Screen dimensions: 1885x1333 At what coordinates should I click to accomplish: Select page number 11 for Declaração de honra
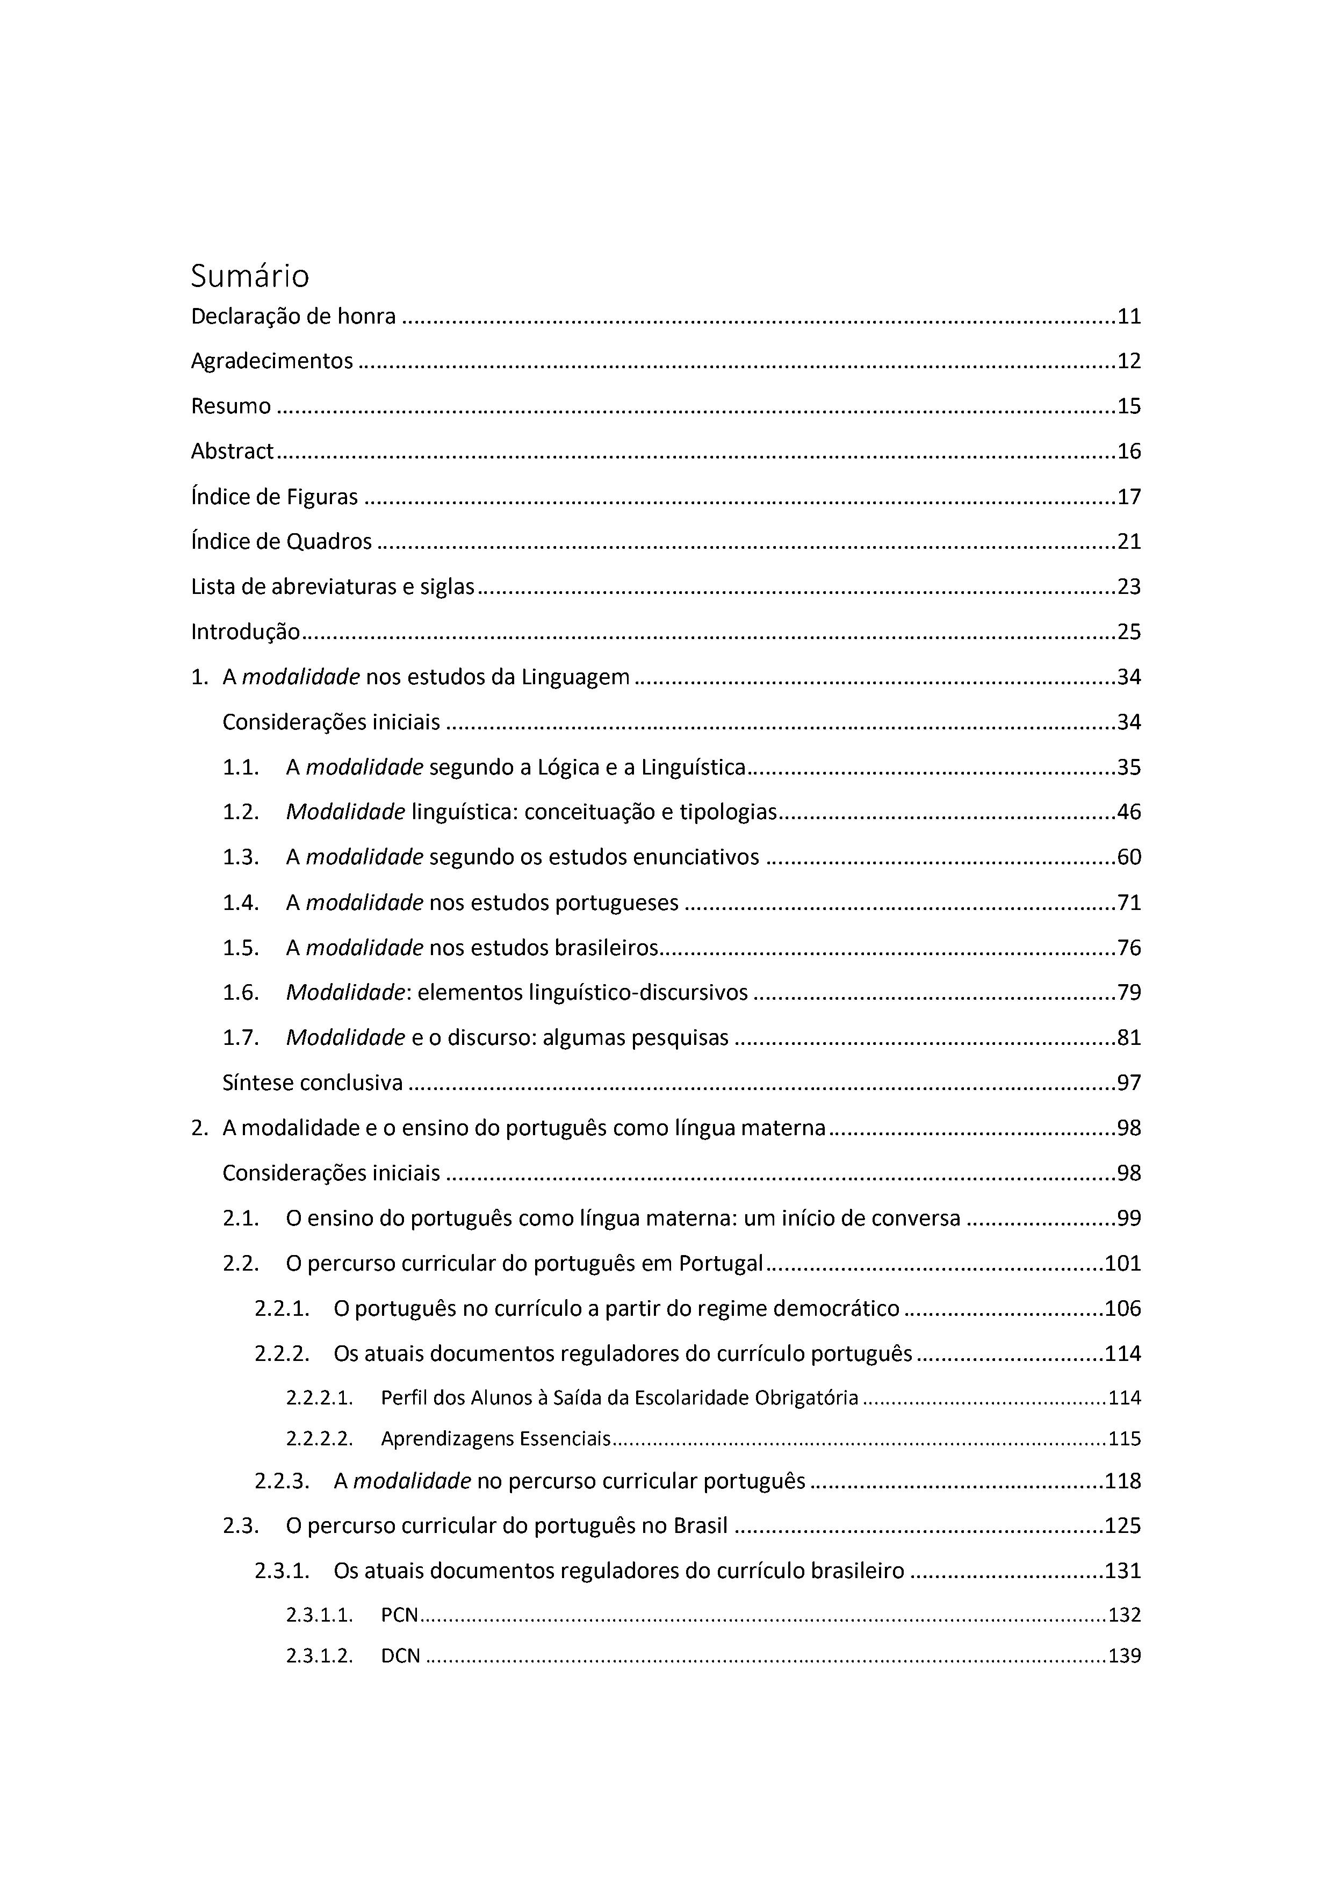pyautogui.click(x=1129, y=317)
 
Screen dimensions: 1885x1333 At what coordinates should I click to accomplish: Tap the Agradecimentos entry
pyautogui.click(x=272, y=361)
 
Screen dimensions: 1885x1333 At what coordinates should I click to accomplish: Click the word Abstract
pyautogui.click(x=232, y=451)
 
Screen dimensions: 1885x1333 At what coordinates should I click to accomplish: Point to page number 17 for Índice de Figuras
pyautogui.click(x=1129, y=497)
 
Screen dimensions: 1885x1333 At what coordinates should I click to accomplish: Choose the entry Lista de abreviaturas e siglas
pyautogui.click(x=333, y=587)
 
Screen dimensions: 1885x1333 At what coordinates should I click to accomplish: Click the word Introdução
pyautogui.click(x=246, y=632)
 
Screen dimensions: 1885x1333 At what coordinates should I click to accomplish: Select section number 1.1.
pyautogui.click(x=241, y=768)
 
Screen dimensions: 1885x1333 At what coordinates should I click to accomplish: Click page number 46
pyautogui.click(x=1129, y=812)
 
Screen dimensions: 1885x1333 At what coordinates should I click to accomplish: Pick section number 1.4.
pyautogui.click(x=241, y=903)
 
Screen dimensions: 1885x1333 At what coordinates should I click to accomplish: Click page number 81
pyautogui.click(x=1129, y=1038)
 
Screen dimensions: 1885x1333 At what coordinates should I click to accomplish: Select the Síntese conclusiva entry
pyautogui.click(x=313, y=1083)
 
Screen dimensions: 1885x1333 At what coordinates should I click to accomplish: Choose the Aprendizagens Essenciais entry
pyautogui.click(x=496, y=1438)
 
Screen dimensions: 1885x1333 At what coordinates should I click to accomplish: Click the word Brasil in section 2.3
pyautogui.click(x=700, y=1525)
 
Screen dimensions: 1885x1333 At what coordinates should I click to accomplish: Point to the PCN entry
pyautogui.click(x=400, y=1615)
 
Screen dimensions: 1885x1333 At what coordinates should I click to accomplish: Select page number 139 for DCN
pyautogui.click(x=1125, y=1656)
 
